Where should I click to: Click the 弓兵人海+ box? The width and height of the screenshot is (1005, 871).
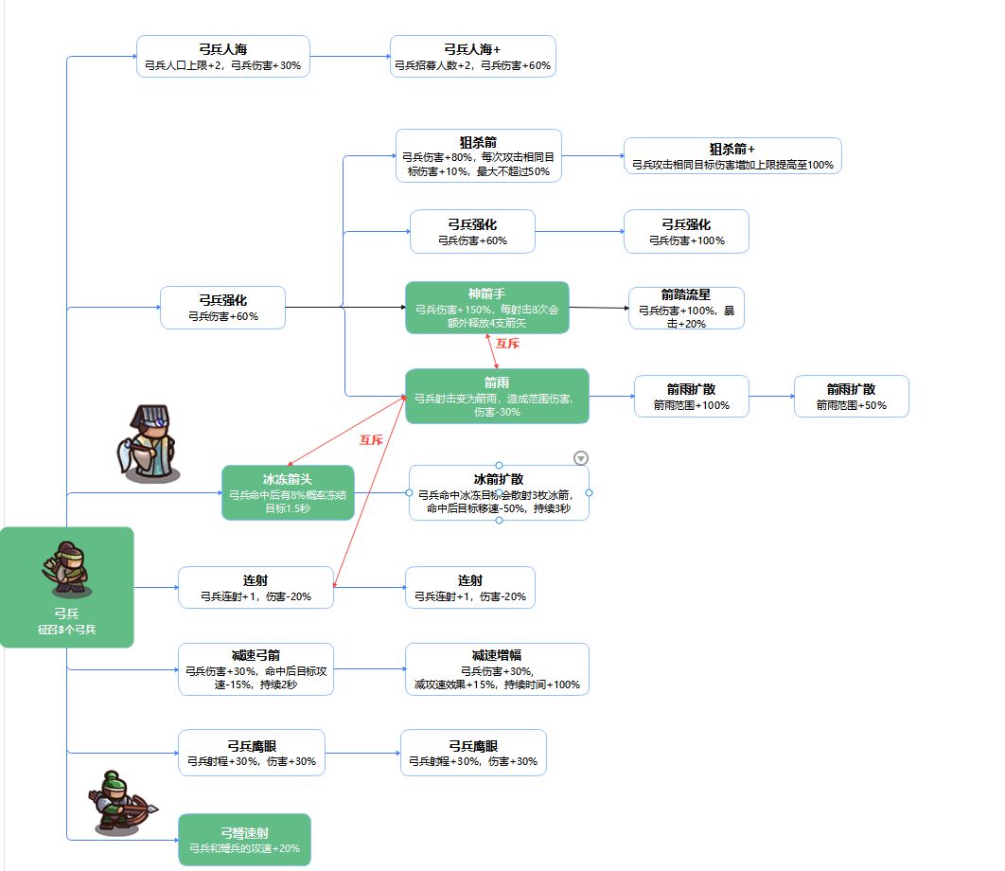pyautogui.click(x=473, y=57)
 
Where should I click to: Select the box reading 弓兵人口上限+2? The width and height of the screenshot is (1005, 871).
pyautogui.click(x=223, y=57)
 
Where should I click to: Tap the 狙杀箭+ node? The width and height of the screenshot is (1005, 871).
pyautogui.click(x=732, y=156)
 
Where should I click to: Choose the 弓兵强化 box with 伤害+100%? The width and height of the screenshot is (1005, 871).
pyautogui.click(x=686, y=232)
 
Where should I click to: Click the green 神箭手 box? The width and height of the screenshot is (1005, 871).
pyautogui.click(x=487, y=308)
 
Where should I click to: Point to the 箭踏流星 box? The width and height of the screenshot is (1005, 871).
pyautogui.click(x=686, y=309)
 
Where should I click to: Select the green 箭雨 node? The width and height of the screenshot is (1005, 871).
pyautogui.click(x=498, y=397)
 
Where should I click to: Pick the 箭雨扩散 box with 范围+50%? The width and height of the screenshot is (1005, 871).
pyautogui.click(x=851, y=397)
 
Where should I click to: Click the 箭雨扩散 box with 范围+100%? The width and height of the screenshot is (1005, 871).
pyautogui.click(x=692, y=397)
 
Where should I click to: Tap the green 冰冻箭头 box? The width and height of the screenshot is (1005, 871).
pyautogui.click(x=288, y=492)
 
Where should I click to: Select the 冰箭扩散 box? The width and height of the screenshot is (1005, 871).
pyautogui.click(x=499, y=493)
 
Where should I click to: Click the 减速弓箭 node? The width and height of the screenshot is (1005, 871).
pyautogui.click(x=256, y=669)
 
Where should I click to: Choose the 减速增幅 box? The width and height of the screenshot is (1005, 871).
pyautogui.click(x=497, y=669)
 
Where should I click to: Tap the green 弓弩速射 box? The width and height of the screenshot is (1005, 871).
pyautogui.click(x=244, y=840)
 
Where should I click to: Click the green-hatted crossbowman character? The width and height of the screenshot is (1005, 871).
pyautogui.click(x=120, y=804)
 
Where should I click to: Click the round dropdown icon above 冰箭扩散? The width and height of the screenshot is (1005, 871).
pyautogui.click(x=581, y=458)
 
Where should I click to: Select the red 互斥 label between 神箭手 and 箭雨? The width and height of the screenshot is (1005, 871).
pyautogui.click(x=507, y=344)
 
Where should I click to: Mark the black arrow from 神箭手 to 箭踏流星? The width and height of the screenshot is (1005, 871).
pyautogui.click(x=599, y=308)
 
